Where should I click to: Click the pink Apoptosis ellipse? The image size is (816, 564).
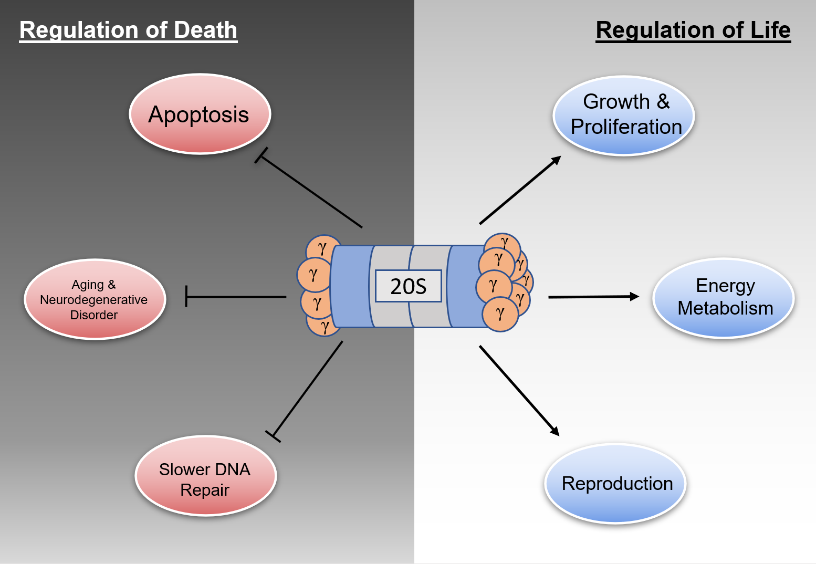[200, 114]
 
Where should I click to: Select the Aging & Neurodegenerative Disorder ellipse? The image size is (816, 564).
[95, 299]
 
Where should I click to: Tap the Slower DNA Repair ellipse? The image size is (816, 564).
[205, 476]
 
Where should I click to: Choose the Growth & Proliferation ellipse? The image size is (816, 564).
[624, 116]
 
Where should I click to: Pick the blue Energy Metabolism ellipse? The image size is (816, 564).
[724, 298]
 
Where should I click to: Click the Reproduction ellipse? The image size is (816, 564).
[615, 484]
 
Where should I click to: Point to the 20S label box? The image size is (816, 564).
[408, 286]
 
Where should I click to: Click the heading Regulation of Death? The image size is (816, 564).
[128, 30]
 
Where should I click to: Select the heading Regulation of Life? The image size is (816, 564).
[693, 30]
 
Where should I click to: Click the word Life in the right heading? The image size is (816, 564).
[770, 30]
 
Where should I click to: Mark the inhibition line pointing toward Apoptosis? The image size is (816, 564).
[310, 192]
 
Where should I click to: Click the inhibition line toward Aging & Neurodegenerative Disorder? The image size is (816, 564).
[236, 297]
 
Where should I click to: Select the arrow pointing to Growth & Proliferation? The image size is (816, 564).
[520, 190]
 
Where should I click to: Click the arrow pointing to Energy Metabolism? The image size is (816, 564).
[593, 297]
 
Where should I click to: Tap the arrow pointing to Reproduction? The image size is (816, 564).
[519, 390]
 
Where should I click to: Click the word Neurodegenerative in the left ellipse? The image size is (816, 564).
[94, 300]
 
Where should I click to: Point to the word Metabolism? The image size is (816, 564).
[725, 308]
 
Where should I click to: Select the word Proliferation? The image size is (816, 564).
[626, 127]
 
